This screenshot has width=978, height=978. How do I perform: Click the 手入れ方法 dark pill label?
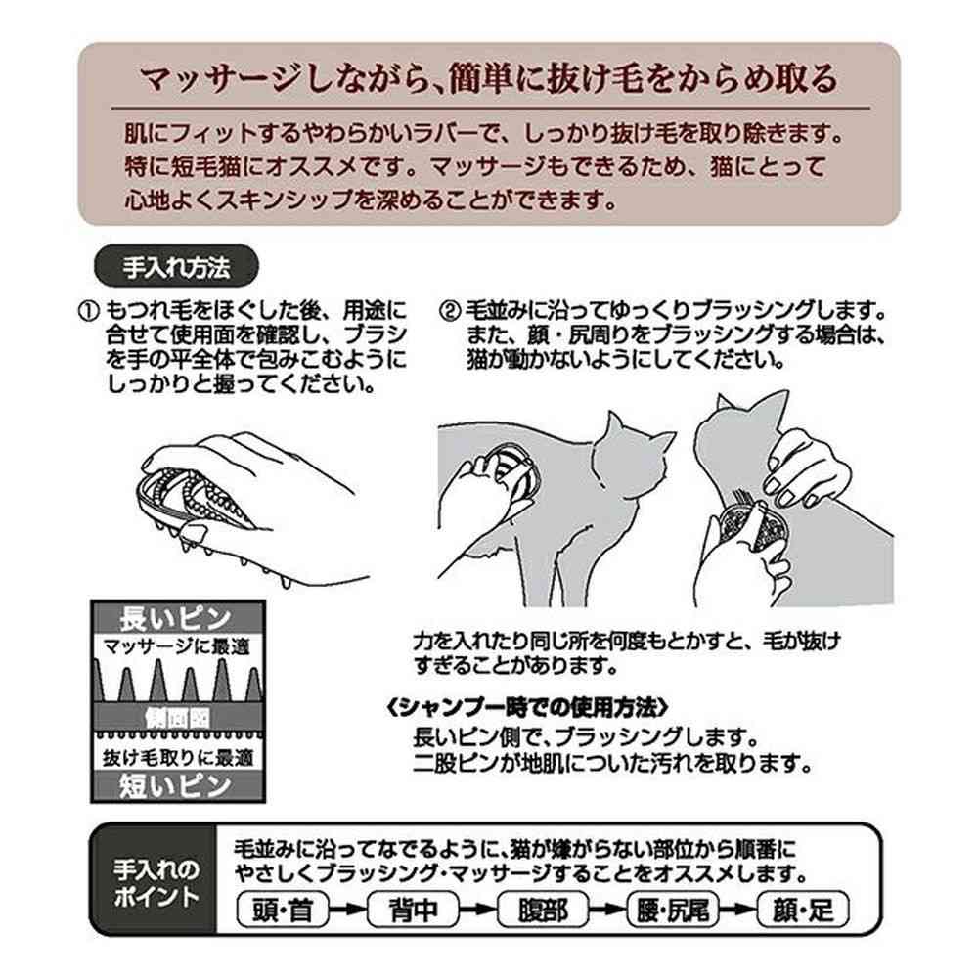[x=176, y=266]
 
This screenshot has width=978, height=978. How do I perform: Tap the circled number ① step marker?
[x=89, y=311]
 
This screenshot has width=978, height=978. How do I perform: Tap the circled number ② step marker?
[x=450, y=311]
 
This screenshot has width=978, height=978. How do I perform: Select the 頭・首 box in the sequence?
[x=283, y=910]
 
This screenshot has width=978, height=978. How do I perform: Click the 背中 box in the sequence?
[x=413, y=910]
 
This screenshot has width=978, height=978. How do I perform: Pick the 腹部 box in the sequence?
[x=543, y=910]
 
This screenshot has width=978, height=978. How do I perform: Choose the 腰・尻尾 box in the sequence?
[x=673, y=910]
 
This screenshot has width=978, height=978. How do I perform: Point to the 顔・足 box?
[x=803, y=910]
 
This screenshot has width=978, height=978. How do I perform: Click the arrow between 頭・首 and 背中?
[x=348, y=910]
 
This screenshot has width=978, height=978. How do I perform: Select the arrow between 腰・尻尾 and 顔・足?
[x=737, y=910]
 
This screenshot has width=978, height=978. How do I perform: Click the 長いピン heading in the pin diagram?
[x=175, y=619]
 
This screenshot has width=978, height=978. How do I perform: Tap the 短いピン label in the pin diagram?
[x=175, y=785]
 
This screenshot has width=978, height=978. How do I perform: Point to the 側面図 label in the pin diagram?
[x=178, y=718]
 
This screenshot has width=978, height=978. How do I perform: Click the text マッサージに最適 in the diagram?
[x=176, y=646]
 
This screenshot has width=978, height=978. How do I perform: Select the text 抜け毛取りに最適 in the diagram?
[x=178, y=757]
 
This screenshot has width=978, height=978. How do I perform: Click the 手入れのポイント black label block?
[x=155, y=881]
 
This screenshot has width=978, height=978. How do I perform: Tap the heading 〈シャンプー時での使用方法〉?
[x=528, y=708]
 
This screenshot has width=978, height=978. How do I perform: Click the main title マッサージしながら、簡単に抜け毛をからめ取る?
[x=488, y=78]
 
